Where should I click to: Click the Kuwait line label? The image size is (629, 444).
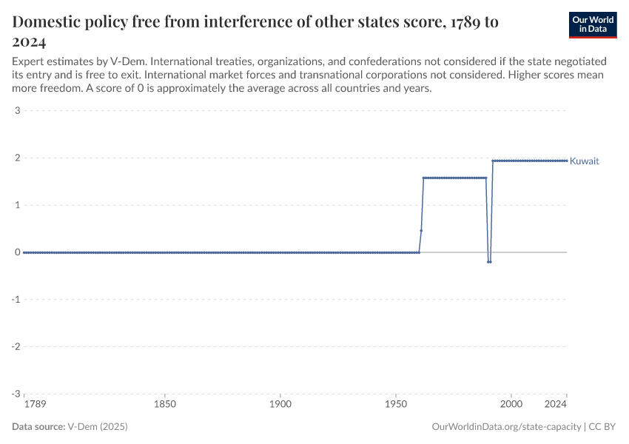click(x=584, y=161)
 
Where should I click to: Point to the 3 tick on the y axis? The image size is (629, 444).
click(x=16, y=111)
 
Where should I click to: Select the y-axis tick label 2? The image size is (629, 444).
click(x=16, y=158)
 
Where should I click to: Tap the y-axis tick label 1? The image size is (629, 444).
click(x=16, y=205)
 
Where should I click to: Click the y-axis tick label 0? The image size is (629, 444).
click(x=16, y=252)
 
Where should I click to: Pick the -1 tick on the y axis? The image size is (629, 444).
click(x=15, y=300)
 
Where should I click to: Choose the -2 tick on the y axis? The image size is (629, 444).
click(x=15, y=346)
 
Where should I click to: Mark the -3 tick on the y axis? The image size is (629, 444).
click(x=15, y=394)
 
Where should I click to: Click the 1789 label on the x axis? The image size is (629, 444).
click(x=34, y=405)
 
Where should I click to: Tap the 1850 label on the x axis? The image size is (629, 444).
click(x=165, y=405)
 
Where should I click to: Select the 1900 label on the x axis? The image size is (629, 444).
click(x=280, y=405)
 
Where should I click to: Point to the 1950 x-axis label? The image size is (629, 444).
click(x=396, y=405)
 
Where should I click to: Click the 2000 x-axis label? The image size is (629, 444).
click(x=511, y=405)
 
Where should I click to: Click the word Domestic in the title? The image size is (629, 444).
click(x=48, y=22)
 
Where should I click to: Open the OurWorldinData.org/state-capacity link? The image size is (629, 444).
click(x=506, y=427)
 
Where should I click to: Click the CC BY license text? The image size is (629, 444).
click(x=602, y=427)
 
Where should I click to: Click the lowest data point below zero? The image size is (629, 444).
click(x=489, y=262)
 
